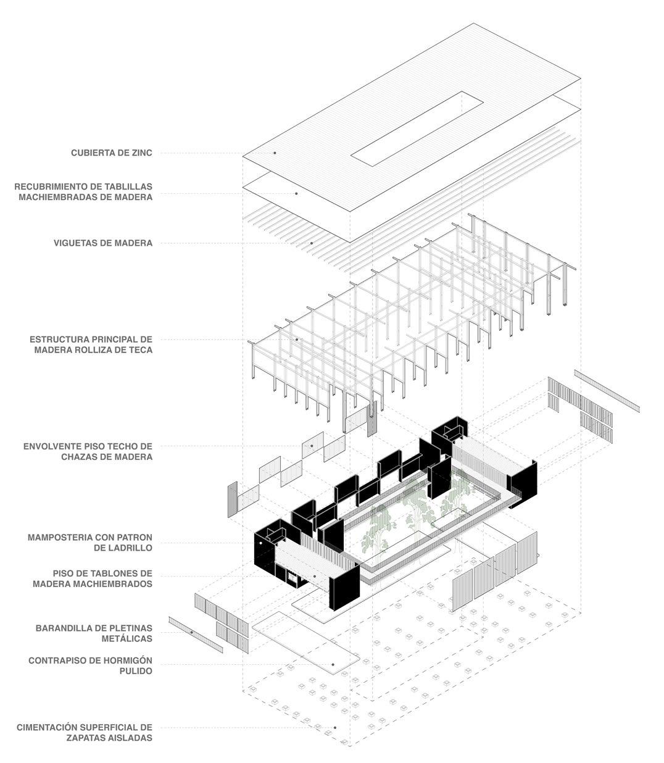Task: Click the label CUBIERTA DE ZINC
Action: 111,152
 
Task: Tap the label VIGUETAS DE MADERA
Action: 103,243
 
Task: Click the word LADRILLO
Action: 129,548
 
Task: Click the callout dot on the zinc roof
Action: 275,152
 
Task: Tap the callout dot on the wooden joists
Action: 312,243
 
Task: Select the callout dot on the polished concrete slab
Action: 333,665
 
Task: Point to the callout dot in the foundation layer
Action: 334,728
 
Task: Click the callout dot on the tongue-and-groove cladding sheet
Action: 296,193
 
